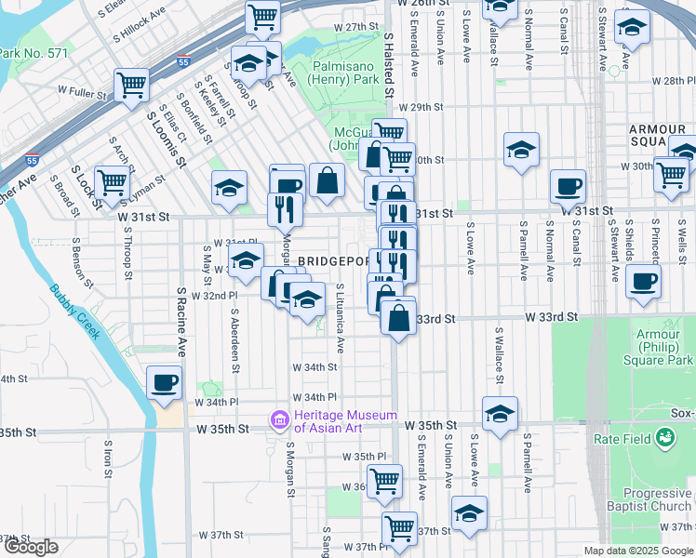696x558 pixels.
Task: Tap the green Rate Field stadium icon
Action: point(664,436)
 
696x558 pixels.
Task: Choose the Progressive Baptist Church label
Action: point(644,499)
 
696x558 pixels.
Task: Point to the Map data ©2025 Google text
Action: point(637,551)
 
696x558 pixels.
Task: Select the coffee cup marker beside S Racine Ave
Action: point(165,382)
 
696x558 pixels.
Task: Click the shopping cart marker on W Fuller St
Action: point(132,85)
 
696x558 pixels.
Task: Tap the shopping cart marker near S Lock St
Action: point(112,181)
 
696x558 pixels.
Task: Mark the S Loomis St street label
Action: point(167,139)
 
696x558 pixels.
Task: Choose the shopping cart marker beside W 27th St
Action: point(263,16)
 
